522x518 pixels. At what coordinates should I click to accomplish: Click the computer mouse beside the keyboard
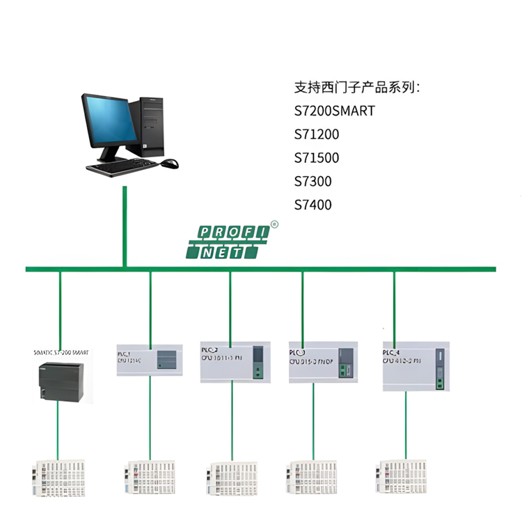[x=169, y=164]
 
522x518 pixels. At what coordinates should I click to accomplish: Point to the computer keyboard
[x=122, y=166]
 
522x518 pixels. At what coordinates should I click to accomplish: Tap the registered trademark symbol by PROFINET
[x=274, y=224]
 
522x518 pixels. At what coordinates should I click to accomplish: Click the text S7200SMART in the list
[x=335, y=111]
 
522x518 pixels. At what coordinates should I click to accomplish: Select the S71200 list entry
[x=317, y=134]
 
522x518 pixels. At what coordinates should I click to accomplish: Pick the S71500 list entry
[x=317, y=158]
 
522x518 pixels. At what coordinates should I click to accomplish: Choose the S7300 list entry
[x=313, y=182]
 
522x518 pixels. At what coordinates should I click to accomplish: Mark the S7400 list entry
[x=313, y=205]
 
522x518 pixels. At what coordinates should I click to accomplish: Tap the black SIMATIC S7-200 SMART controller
[x=61, y=381]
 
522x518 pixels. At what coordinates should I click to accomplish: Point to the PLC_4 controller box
[x=416, y=365]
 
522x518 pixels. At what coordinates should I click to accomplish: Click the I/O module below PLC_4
[x=402, y=476]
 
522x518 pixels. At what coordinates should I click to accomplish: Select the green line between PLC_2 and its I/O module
[x=231, y=421]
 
